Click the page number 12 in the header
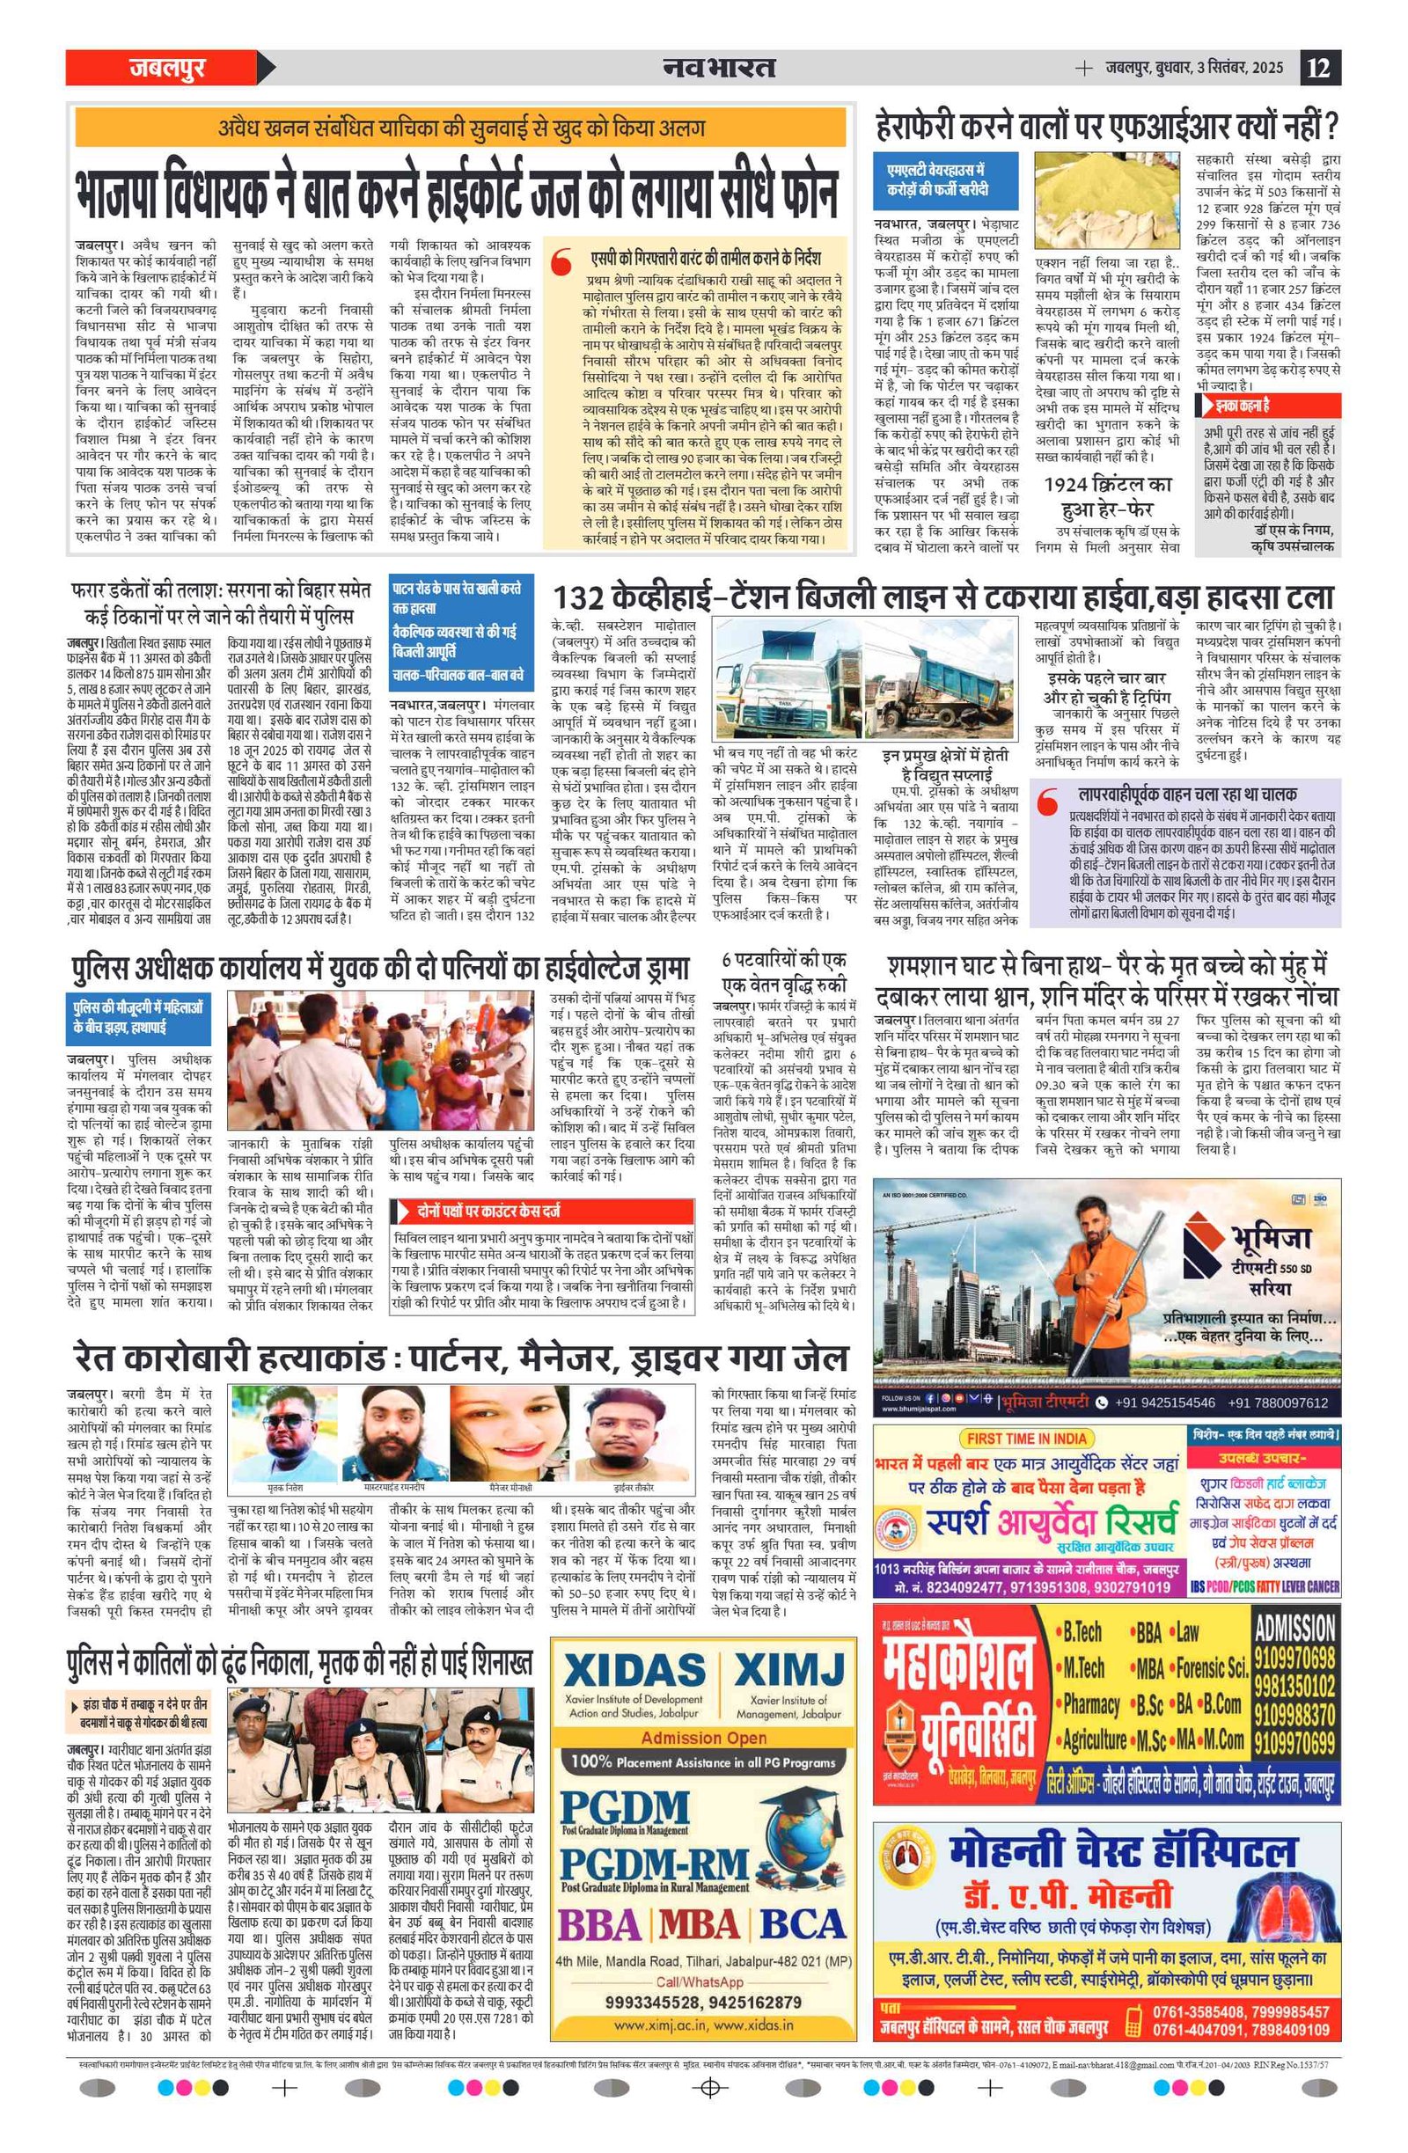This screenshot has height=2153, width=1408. [1318, 68]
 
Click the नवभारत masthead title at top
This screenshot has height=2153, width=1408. [718, 68]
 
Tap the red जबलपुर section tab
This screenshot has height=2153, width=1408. [168, 68]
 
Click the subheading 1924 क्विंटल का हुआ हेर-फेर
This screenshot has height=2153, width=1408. [1107, 495]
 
